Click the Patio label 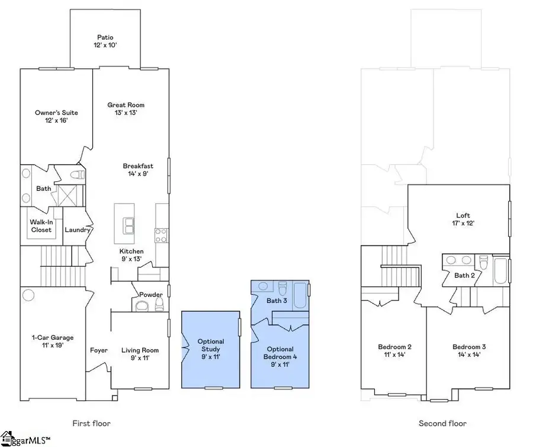point(105,41)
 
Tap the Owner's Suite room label point(56,117)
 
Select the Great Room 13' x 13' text point(126,108)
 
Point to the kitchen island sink point(128,224)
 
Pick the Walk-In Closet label point(41,226)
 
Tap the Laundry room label point(77,230)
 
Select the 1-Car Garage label point(52,341)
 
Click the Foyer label point(99,350)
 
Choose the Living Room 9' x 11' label point(140,354)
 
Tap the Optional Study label point(210,346)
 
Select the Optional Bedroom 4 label point(280,353)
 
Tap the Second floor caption point(442,423)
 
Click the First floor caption point(91,423)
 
